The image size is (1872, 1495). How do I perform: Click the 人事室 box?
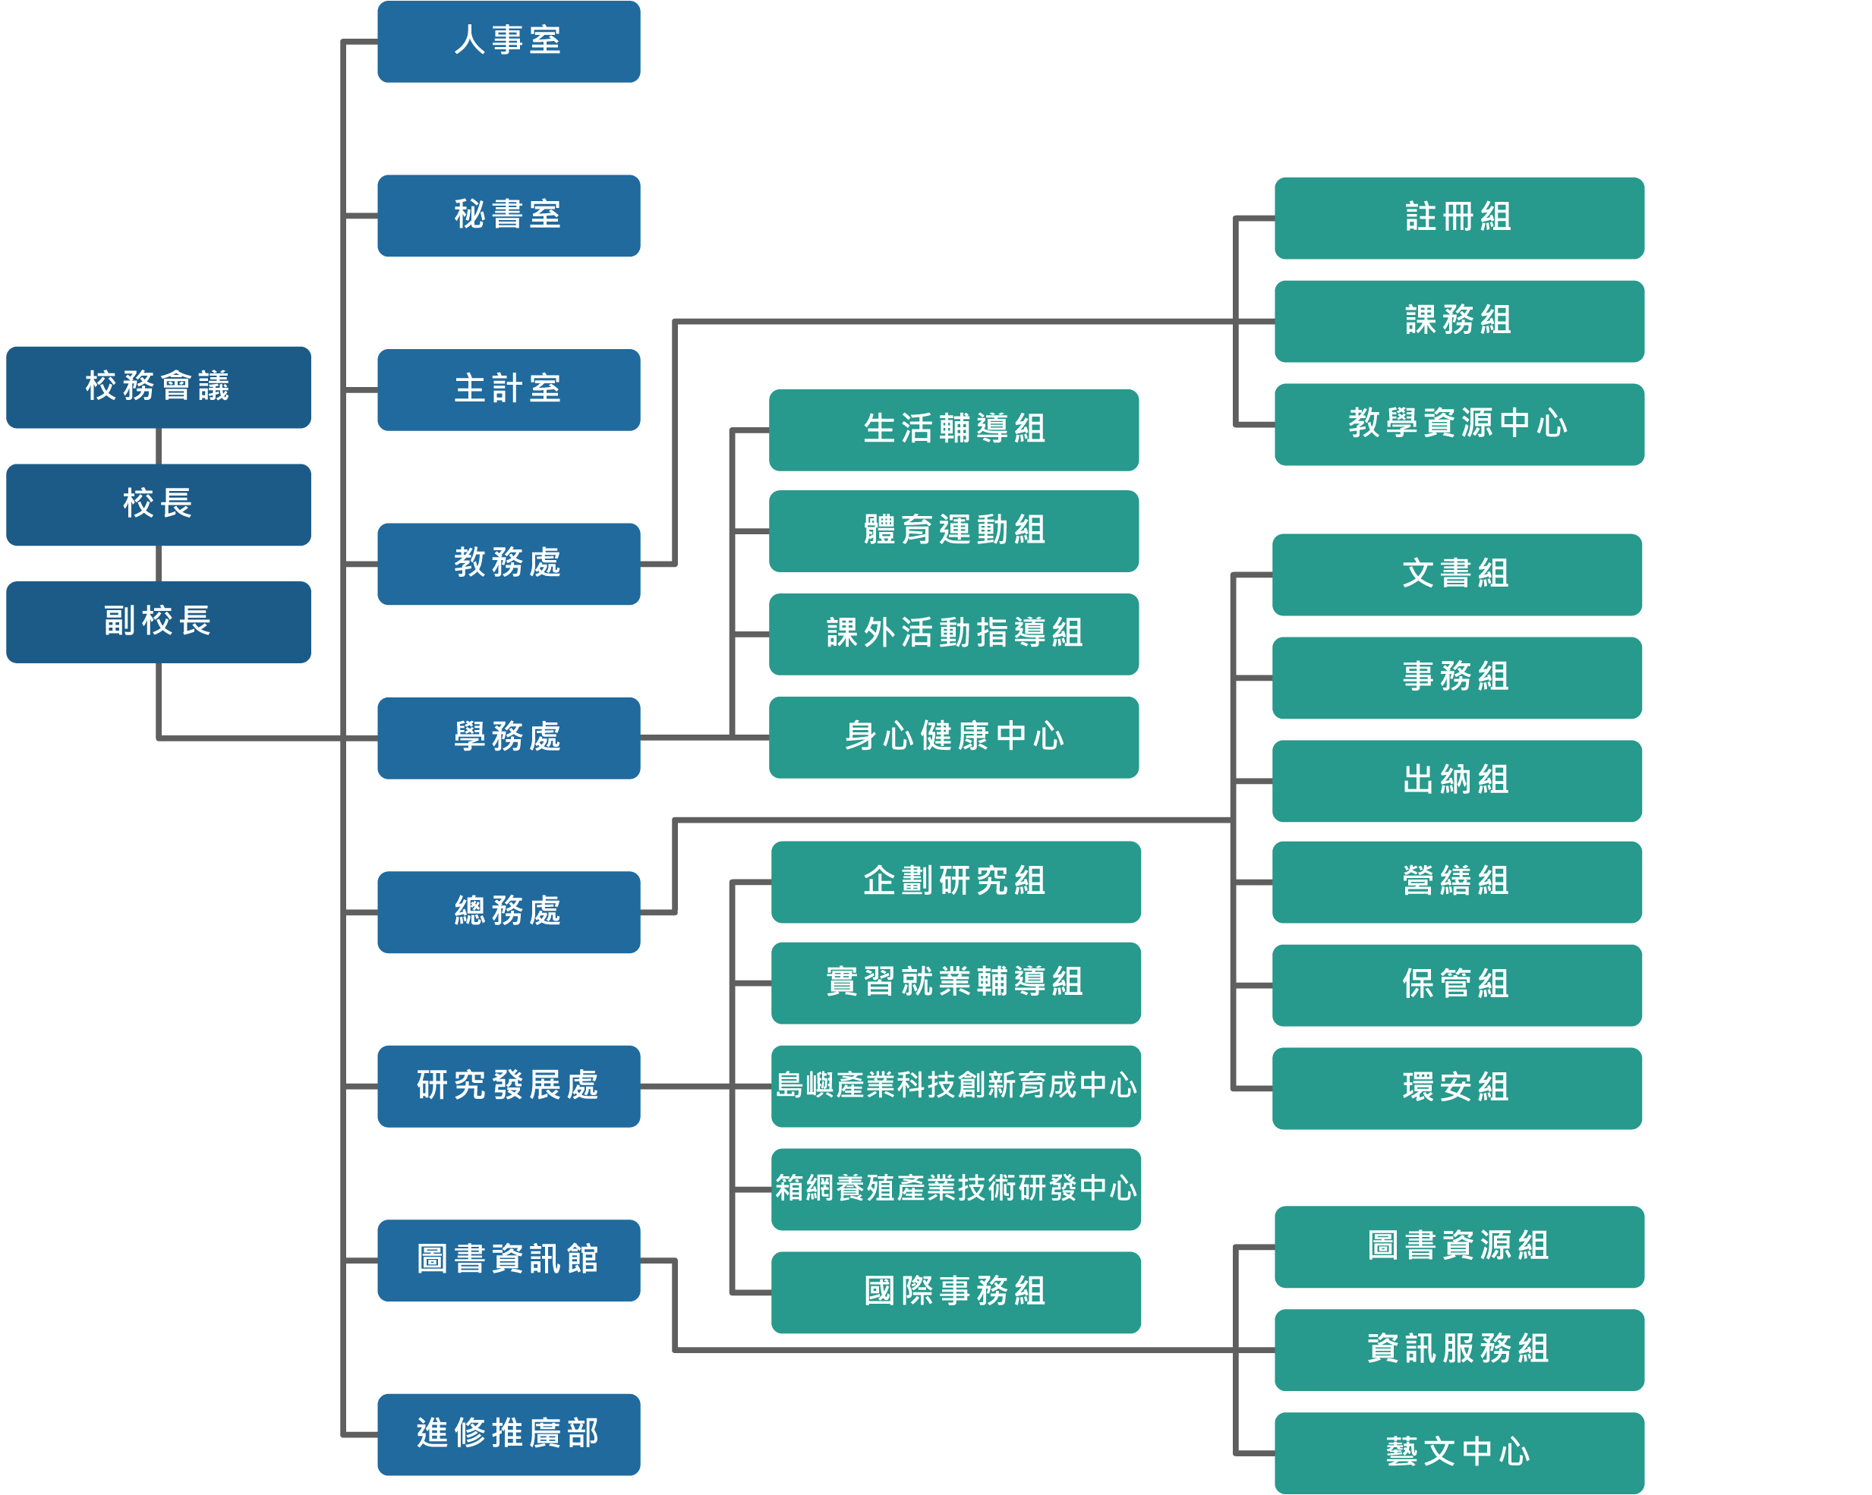click(508, 42)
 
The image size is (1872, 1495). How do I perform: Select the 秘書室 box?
click(508, 216)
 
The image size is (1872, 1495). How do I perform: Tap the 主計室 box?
click(508, 390)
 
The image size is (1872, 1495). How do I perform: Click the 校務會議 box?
click(158, 387)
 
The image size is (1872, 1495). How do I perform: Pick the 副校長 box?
click(158, 622)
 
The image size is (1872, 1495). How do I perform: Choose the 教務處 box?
click(508, 563)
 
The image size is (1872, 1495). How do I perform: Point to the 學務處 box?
click(508, 738)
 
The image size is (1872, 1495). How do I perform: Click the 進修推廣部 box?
click(508, 1434)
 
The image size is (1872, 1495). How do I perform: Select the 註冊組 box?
click(1459, 218)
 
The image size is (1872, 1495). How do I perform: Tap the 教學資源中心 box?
click(1459, 424)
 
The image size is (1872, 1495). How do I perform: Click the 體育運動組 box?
click(953, 530)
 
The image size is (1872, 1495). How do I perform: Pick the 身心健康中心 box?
click(953, 737)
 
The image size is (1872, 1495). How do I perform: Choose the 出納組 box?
click(1456, 780)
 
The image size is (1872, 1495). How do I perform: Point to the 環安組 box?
click(1456, 1087)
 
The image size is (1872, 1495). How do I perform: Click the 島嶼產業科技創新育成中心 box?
click(955, 1086)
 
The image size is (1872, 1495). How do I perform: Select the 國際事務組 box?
click(955, 1292)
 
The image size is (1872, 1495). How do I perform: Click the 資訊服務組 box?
click(1459, 1349)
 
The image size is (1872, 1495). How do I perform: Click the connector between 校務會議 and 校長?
click(158, 446)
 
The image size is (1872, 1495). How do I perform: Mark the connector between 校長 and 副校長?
click(158, 563)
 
